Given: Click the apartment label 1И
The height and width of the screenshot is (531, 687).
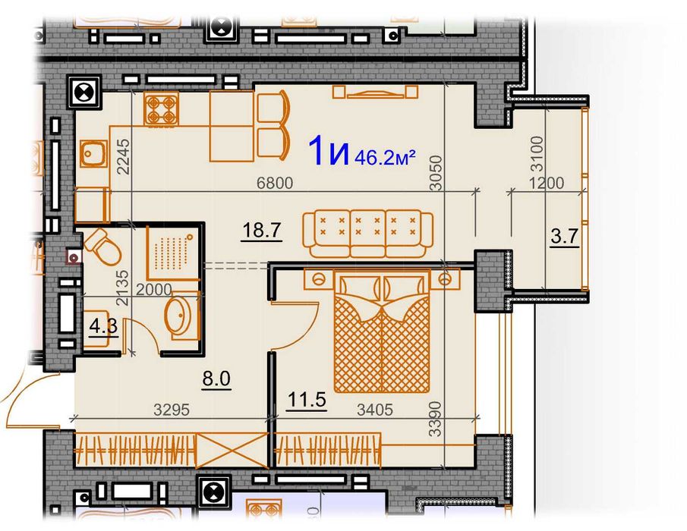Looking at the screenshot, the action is click(x=329, y=151).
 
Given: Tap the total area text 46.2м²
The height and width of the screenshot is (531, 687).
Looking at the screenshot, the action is click(x=385, y=157).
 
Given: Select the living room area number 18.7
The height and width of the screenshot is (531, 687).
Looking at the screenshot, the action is click(x=262, y=230).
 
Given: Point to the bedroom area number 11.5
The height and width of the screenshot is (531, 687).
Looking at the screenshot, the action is click(x=307, y=400).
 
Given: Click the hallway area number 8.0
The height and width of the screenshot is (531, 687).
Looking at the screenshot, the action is click(x=216, y=379).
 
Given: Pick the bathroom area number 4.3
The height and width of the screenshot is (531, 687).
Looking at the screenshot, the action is click(x=103, y=326).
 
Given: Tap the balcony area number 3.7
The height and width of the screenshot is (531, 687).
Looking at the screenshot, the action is click(x=565, y=237).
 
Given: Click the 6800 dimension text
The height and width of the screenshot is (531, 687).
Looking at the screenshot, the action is click(x=275, y=183).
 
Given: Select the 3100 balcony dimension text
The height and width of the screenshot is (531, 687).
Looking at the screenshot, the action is click(x=537, y=154).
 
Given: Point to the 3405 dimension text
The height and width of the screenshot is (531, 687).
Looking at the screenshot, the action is click(x=375, y=410).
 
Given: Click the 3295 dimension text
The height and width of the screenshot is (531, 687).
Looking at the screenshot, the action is click(x=172, y=410).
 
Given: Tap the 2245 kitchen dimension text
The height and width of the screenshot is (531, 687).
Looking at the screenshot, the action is click(x=124, y=157).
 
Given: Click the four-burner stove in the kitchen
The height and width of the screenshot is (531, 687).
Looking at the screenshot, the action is click(x=161, y=108).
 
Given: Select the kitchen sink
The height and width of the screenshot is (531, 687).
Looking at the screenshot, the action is click(x=93, y=154).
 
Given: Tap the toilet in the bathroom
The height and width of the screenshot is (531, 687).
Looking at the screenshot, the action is click(x=103, y=248).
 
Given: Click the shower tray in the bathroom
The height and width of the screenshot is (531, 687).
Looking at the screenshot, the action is click(x=172, y=253).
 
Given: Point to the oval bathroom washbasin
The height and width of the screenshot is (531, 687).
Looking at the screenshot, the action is click(x=180, y=315).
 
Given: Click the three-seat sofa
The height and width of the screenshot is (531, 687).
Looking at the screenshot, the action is click(x=367, y=234).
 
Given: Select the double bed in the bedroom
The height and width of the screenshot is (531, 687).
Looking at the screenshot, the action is click(x=382, y=331).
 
